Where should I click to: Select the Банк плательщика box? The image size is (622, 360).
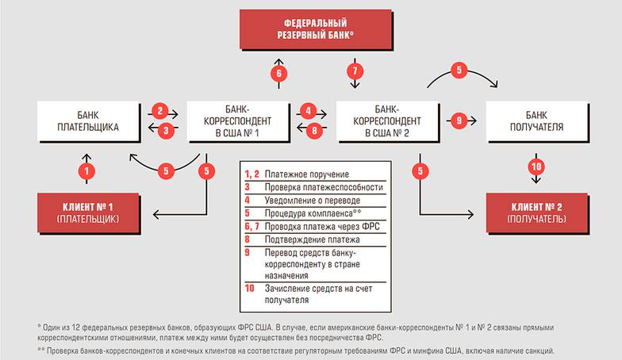click(x=88, y=120)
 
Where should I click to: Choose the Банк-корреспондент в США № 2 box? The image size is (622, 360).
click(x=385, y=120)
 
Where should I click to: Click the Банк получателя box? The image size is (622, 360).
click(x=535, y=120)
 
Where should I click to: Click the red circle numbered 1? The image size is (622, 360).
click(x=88, y=170)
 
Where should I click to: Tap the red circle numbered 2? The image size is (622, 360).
click(x=161, y=111)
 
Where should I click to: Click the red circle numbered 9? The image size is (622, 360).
click(x=459, y=121)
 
